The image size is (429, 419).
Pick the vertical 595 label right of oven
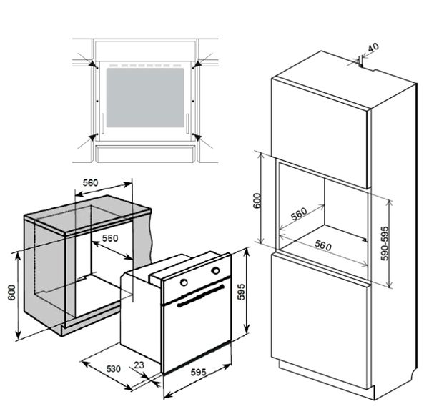(242, 292)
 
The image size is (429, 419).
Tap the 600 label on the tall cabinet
(257, 201)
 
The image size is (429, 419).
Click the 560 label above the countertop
(91, 183)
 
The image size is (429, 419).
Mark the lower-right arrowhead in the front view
(198, 137)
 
